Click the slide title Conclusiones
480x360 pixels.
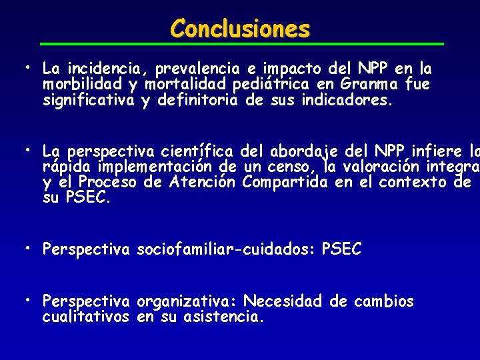pyautogui.click(x=240, y=29)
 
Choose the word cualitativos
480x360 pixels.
pyautogui.click(x=85, y=317)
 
